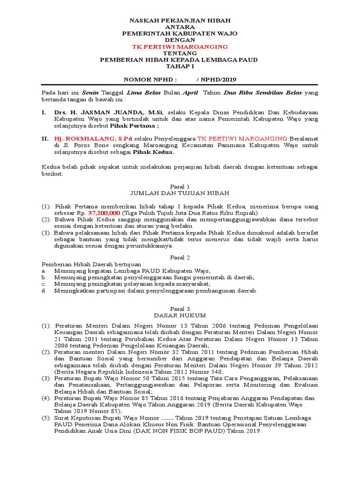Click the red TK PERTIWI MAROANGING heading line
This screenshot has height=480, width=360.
pyautogui.click(x=180, y=47)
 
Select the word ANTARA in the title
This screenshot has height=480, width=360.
pyautogui.click(x=180, y=27)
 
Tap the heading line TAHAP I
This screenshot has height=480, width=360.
pyautogui.click(x=180, y=67)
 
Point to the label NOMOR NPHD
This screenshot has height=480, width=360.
pyautogui.click(x=150, y=80)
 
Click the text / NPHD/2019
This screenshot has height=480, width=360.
pyautogui.click(x=220, y=80)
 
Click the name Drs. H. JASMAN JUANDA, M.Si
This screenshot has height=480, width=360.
pyautogui.click(x=109, y=113)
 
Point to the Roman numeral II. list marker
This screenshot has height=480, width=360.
pyautogui.click(x=45, y=139)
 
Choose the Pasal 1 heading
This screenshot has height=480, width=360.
pyautogui.click(x=180, y=186)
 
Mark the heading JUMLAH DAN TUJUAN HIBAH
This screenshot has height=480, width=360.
pyautogui.click(x=180, y=193)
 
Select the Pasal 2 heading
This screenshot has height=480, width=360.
pyautogui.click(x=180, y=257)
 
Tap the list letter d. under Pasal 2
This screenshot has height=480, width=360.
pyautogui.click(x=44, y=291)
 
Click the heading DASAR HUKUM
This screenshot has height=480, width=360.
pyautogui.click(x=180, y=315)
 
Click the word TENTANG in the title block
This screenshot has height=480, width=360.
pyautogui.click(x=180, y=53)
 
